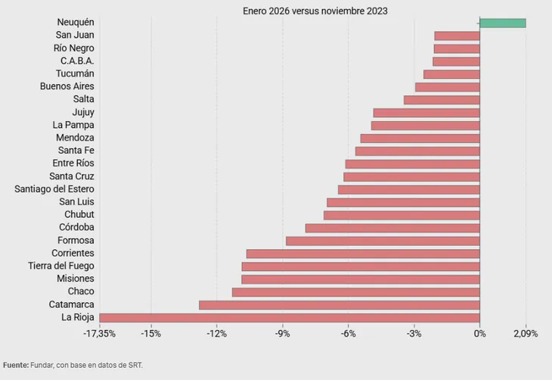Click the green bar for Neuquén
503,23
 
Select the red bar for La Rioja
290,318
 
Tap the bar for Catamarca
340,305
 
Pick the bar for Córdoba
392,228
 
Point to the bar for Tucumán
451,74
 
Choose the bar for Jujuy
426,113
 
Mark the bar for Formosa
383,241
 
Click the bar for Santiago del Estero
409,190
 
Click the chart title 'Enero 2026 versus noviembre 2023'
315,11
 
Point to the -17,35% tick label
99,334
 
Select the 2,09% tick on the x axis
526,334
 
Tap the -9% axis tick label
282,334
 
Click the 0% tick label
479,334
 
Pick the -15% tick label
151,334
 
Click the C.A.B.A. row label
77,61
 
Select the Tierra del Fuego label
61,266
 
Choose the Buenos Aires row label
67,86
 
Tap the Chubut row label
79,214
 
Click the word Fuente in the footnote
16,365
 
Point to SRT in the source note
135,365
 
